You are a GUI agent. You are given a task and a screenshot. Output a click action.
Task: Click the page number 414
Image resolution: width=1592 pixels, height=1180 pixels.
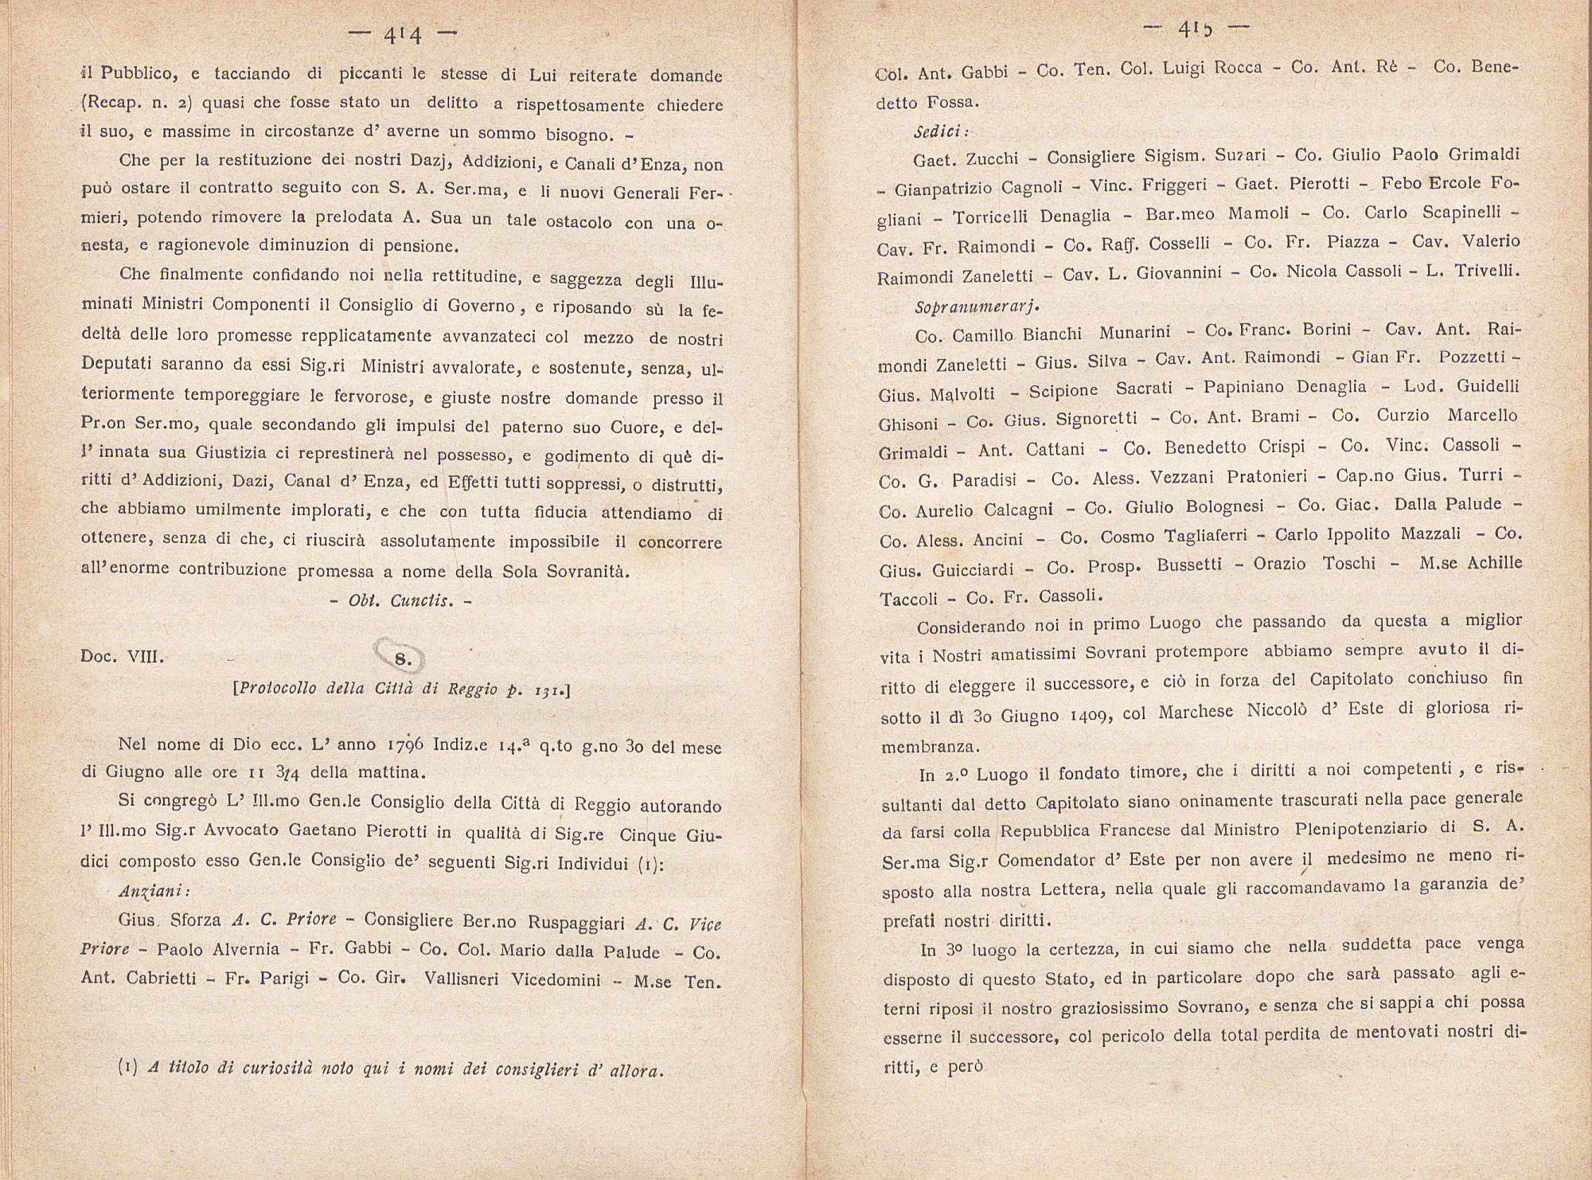tap(402, 34)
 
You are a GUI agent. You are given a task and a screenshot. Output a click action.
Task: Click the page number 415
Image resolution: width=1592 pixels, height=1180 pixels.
tap(1196, 29)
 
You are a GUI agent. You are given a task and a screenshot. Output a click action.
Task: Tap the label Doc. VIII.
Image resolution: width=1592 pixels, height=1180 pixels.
tap(122, 658)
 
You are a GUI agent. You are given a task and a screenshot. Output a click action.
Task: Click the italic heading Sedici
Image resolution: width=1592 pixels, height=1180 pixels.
tap(941, 132)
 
